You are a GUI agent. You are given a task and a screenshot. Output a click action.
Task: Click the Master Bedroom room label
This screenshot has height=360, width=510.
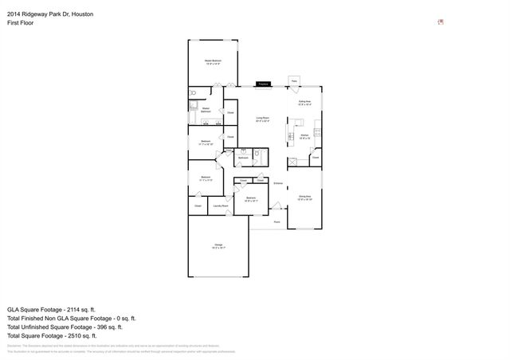point(212,61)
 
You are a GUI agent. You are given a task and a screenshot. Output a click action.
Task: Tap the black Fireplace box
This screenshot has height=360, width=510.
point(262,83)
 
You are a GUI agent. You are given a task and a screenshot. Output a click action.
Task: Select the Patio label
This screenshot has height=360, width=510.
point(294,81)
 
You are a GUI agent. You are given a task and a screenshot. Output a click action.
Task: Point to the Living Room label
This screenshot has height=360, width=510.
point(262,119)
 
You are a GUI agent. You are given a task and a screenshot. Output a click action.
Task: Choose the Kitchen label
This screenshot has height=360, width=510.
point(304,137)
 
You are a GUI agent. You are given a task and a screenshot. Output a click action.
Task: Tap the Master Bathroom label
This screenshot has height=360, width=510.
point(206,110)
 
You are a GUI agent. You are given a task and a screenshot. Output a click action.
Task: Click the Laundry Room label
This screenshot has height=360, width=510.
point(219,206)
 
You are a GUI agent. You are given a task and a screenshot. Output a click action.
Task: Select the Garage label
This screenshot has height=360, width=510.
point(218,246)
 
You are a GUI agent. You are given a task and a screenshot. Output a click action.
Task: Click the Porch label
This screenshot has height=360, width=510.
point(277,222)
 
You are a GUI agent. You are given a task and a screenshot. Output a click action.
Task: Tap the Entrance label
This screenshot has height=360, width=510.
point(278,184)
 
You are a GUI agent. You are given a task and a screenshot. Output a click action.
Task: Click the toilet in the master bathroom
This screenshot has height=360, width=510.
point(194,103)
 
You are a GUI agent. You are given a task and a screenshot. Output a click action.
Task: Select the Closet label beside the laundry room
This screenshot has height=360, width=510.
point(198,206)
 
